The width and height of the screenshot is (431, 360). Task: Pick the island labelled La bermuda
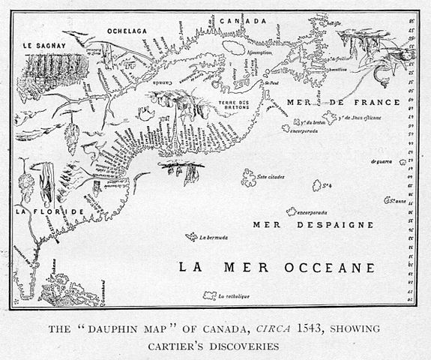(x=193, y=237)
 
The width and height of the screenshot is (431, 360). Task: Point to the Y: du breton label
(x=307, y=121)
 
